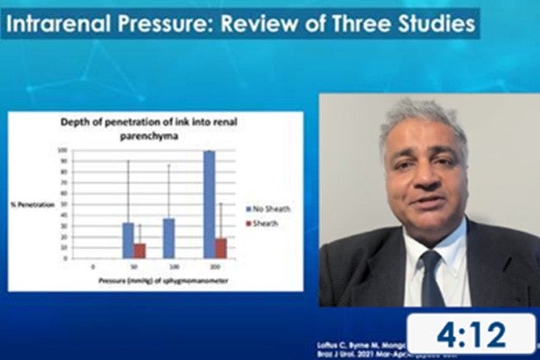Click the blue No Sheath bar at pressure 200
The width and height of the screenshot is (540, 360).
point(209,203)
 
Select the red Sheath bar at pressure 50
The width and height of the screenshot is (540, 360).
point(140,249)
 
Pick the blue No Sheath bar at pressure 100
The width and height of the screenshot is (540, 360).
point(168,238)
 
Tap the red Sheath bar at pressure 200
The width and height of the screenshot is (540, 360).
point(220,248)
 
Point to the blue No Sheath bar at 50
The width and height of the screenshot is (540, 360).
point(128,239)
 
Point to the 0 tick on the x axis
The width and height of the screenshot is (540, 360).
point(92,268)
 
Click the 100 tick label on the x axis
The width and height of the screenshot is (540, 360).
point(174,268)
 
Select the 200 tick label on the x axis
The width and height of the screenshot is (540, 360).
point(215,268)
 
